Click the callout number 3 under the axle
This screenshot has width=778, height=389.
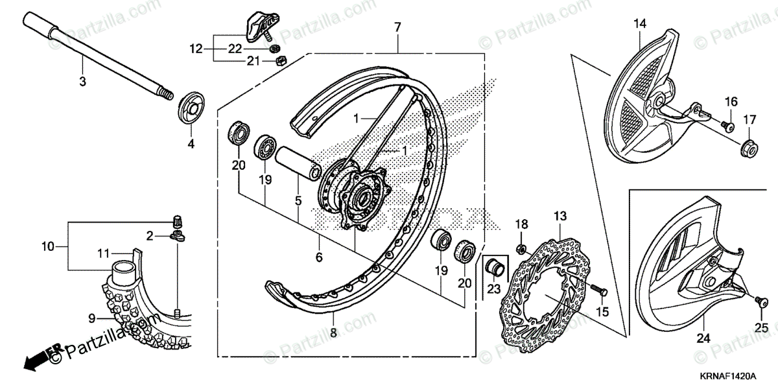pos(82,82)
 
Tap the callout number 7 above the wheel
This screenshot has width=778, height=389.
pos(397,27)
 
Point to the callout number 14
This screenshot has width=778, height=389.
pos(640,25)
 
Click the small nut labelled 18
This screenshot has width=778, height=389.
pos(521,248)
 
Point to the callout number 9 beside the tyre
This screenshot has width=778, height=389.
pos(91,318)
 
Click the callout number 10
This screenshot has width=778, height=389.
pos(47,246)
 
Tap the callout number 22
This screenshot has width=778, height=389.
pos(234,49)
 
